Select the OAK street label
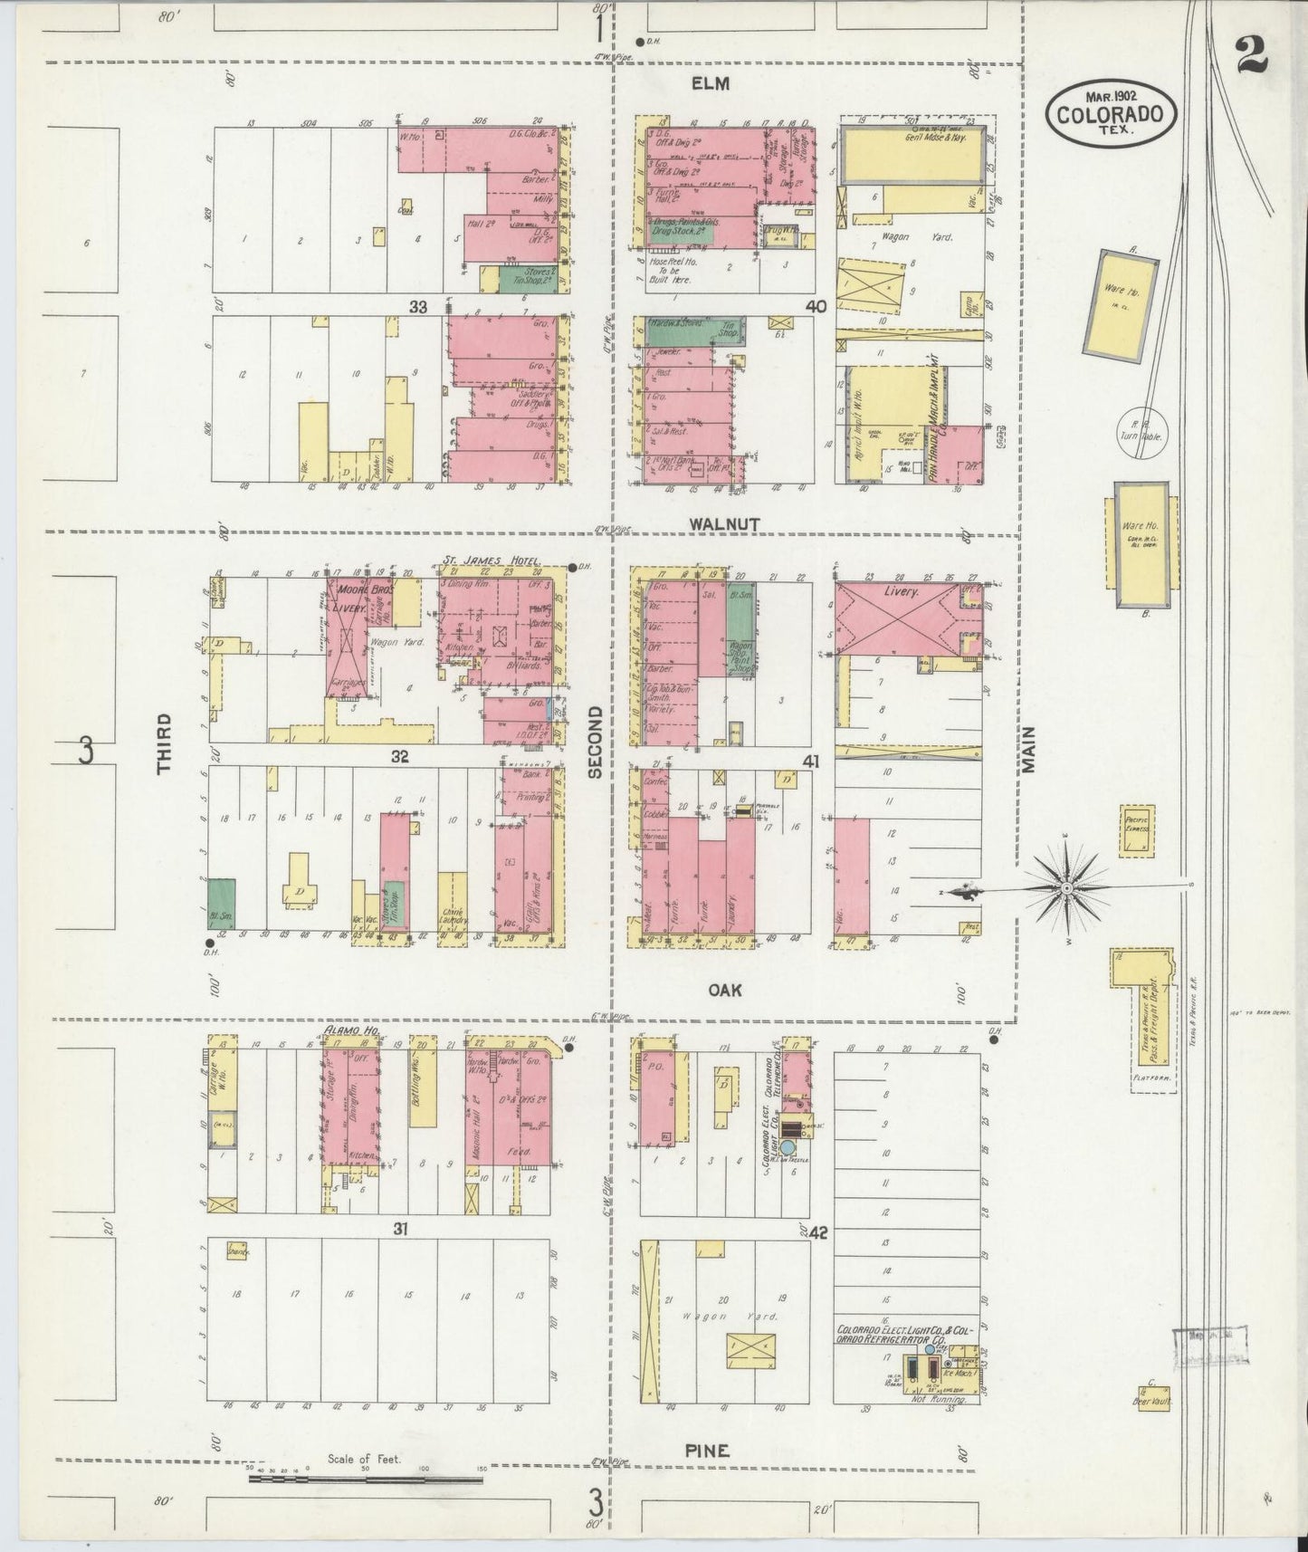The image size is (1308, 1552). [725, 990]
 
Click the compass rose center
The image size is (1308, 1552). [1067, 888]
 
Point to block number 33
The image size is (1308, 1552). [416, 307]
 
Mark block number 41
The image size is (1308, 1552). [811, 762]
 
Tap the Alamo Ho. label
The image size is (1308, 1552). [351, 1030]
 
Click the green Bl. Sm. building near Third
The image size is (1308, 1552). [222, 903]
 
